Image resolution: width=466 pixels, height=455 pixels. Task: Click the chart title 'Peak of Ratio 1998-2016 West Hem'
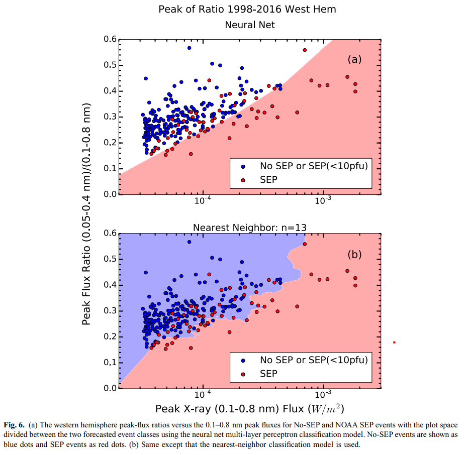pyautogui.click(x=247, y=9)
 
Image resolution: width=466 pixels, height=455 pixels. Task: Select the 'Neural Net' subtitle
pyautogui.click(x=249, y=24)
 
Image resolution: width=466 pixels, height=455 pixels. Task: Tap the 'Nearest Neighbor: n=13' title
pyautogui.click(x=250, y=227)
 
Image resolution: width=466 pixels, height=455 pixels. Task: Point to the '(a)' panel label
pyautogui.click(x=355, y=59)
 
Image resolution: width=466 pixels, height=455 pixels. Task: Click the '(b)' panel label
pyautogui.click(x=355, y=254)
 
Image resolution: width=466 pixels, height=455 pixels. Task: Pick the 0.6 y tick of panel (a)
pyautogui.click(x=110, y=39)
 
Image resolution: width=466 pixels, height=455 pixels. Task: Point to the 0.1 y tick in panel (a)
pyautogui.click(x=110, y=168)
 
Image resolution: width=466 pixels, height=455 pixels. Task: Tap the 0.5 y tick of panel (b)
pyautogui.click(x=110, y=259)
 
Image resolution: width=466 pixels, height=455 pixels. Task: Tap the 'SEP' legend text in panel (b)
pyautogui.click(x=268, y=374)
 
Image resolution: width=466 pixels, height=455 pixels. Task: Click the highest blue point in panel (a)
pyautogui.click(x=189, y=48)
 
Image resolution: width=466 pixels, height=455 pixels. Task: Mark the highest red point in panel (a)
pyautogui.click(x=305, y=50)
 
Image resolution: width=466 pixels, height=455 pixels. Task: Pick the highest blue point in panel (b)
pyautogui.click(x=189, y=242)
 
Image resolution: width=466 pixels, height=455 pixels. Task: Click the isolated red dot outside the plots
pyautogui.click(x=394, y=343)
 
